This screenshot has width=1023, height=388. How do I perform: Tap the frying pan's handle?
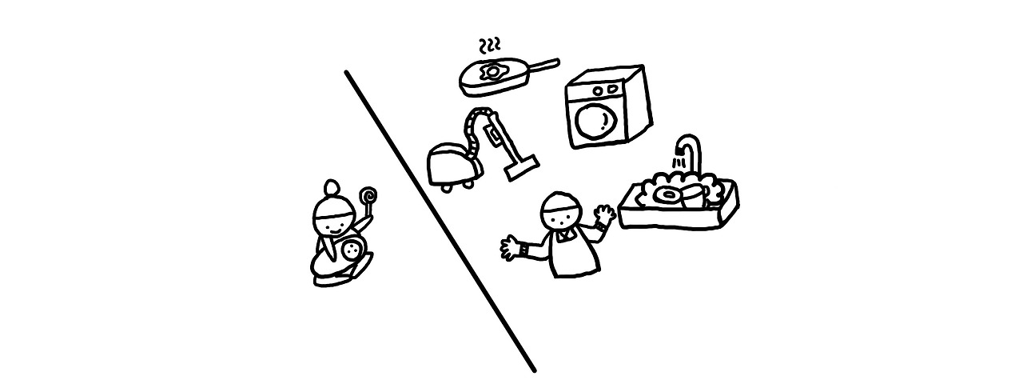pos(539,63)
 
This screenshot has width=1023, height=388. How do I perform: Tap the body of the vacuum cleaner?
pos(452,165)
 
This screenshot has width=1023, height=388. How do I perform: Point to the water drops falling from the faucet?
pos(679,163)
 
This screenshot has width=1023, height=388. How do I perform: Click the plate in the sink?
pos(666,194)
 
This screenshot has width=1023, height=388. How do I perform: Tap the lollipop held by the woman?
pos(368,195)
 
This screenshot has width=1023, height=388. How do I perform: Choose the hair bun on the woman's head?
pos(332,190)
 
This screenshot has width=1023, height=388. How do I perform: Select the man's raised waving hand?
pos(603,214)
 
